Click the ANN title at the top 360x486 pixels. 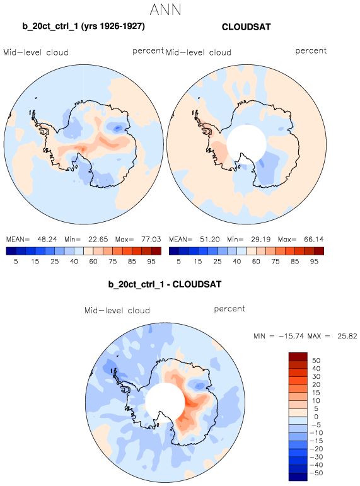coord(166,9)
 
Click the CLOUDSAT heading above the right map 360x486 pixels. coord(247,27)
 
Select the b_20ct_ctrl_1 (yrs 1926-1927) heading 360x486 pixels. coord(83,26)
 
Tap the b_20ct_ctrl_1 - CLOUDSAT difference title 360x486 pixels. coord(165,284)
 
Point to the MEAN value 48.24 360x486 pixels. coord(47,240)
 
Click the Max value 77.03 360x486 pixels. coord(151,240)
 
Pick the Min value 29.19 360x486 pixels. coord(260,240)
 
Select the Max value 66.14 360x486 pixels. coord(314,240)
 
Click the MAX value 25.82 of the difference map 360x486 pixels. coord(347,336)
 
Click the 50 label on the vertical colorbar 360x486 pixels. coord(316,361)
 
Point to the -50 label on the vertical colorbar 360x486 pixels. coord(316,473)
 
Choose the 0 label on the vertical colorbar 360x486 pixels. coord(316,417)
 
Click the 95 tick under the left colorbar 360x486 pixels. coord(151,262)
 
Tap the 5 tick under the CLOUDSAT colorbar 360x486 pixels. coord(178,262)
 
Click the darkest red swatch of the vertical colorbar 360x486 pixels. coord(298,357)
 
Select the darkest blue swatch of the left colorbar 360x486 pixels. coord(11,251)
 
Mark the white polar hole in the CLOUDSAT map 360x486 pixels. coord(247,144)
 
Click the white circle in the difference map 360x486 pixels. coord(165,402)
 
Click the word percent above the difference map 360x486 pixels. coord(229,309)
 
